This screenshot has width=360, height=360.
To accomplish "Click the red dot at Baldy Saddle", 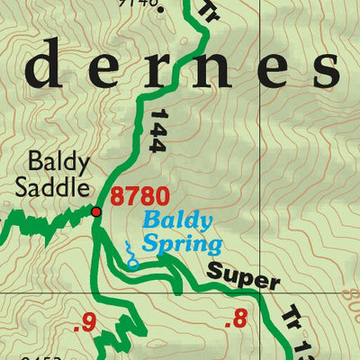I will click(95, 211).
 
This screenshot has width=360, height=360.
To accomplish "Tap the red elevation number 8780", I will click(135, 195).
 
